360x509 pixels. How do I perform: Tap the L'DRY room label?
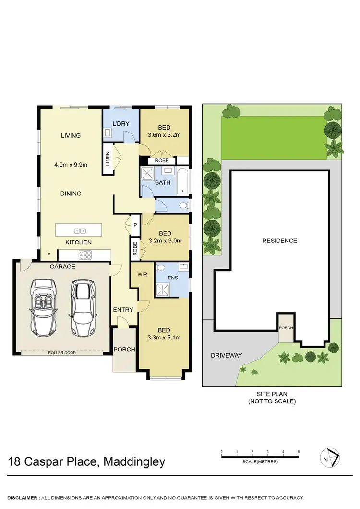pos(121,124)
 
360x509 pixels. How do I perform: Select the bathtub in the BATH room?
pos(183,181)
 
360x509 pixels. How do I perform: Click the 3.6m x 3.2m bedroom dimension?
pos(164,135)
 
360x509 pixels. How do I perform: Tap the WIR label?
pos(143,274)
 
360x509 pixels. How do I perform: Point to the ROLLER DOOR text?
pos(62,352)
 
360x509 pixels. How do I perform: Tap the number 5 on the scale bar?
pos(299,452)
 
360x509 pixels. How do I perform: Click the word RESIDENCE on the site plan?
pos(279,241)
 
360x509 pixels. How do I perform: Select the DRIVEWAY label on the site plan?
pos(226,355)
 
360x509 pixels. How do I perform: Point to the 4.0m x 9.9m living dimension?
pos(71,165)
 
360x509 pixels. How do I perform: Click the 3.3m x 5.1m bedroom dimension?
pos(164,338)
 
